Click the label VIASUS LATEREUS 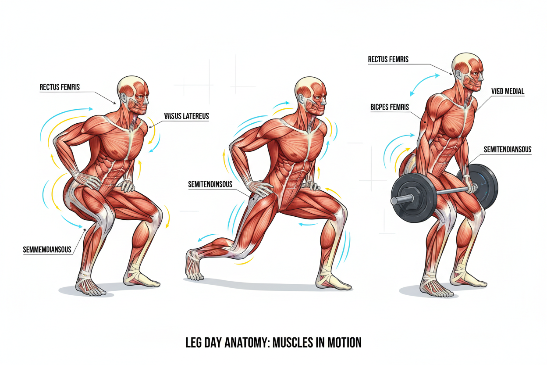(x=186, y=116)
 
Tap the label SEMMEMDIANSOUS (x=47, y=250)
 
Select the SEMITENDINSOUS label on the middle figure (x=210, y=185)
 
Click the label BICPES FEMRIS (x=390, y=107)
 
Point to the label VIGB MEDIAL (x=508, y=91)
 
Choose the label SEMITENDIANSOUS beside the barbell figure (x=508, y=150)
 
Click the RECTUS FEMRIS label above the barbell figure (x=388, y=59)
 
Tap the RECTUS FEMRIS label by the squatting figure (x=60, y=87)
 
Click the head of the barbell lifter (x=468, y=72)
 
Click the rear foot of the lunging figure (x=194, y=264)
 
